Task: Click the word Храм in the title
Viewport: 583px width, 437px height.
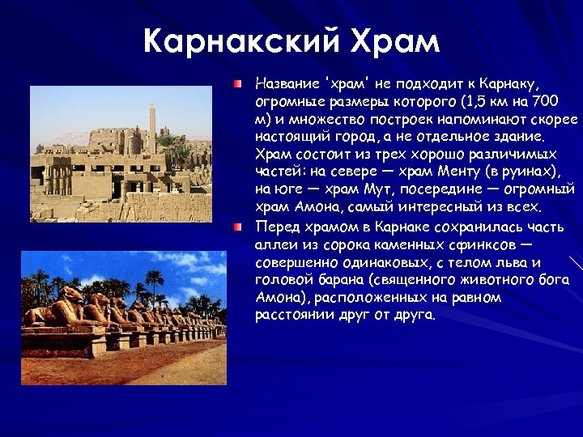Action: click(x=394, y=40)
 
